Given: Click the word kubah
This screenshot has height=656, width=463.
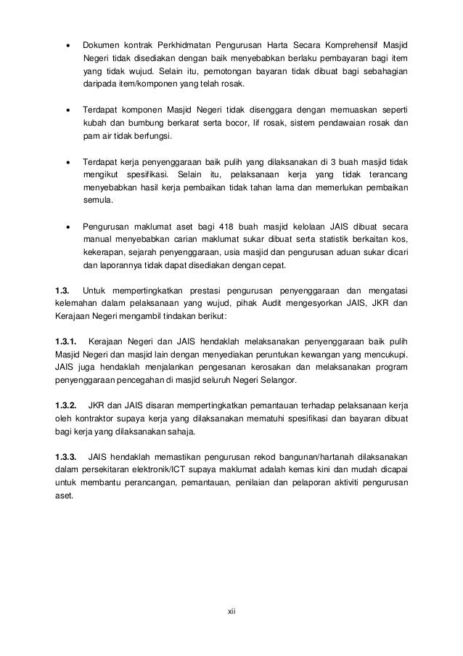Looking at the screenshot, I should click(95, 122).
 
